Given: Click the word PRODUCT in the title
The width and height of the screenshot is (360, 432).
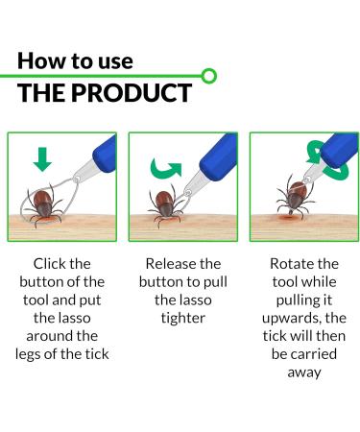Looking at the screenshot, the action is pyautogui.click(x=132, y=93).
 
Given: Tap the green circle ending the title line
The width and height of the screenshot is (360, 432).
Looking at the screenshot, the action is pyautogui.click(x=209, y=76).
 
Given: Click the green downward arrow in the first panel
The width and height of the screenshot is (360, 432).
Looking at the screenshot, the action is pyautogui.click(x=42, y=159).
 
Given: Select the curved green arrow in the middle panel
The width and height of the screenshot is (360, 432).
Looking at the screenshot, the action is pyautogui.click(x=166, y=168).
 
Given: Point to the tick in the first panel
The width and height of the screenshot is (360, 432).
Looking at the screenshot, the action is pyautogui.click(x=44, y=206).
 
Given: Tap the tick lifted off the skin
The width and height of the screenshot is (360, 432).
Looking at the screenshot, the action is pyautogui.click(x=295, y=197).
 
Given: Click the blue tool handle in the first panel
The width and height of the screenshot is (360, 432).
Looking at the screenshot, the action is pyautogui.click(x=105, y=155).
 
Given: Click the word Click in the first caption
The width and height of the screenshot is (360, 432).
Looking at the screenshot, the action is pyautogui.click(x=45, y=264).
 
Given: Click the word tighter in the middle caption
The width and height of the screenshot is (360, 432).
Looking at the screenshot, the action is pyautogui.click(x=183, y=319).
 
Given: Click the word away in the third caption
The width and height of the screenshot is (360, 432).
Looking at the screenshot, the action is pyautogui.click(x=304, y=372).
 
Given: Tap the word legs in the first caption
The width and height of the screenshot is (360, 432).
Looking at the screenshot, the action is pyautogui.click(x=28, y=354).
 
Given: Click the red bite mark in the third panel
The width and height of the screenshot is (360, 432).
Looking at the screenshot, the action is pyautogui.click(x=288, y=218).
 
